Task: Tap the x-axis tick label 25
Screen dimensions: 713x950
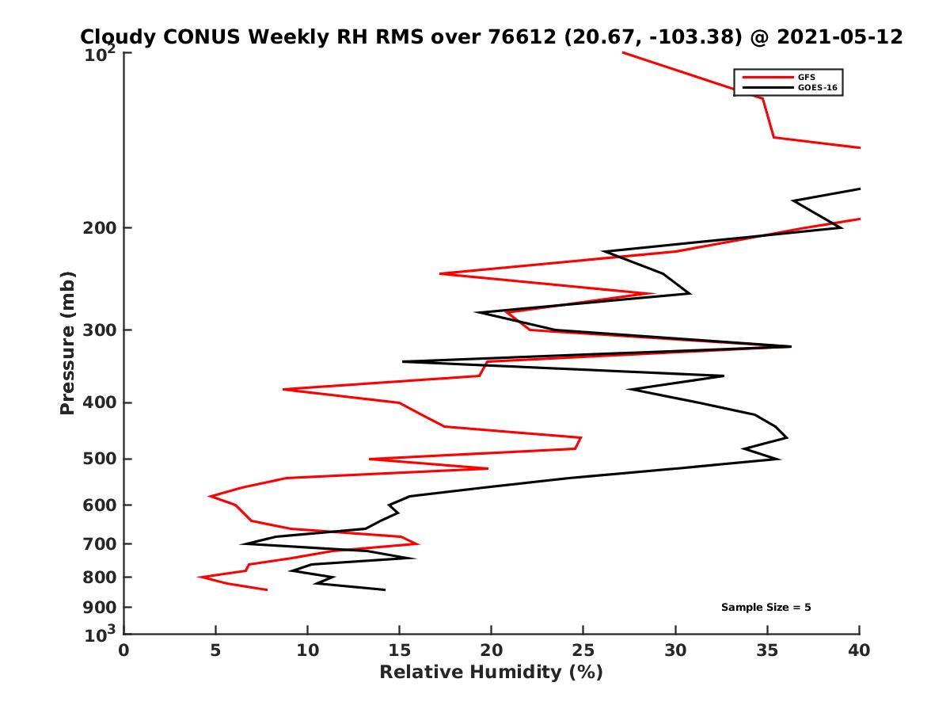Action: [583, 650]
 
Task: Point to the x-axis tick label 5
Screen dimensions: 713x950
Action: [215, 650]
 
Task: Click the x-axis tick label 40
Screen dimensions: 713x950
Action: [860, 650]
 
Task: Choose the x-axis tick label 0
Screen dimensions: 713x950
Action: [124, 650]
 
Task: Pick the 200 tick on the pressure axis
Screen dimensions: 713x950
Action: [99, 228]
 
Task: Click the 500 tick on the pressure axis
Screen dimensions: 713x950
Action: [99, 459]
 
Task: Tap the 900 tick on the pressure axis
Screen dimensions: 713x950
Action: [99, 608]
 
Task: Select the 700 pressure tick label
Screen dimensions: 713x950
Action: [99, 544]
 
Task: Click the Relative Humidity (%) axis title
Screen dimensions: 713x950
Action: [491, 673]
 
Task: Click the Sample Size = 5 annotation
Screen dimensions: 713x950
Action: [766, 608]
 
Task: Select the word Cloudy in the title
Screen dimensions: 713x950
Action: [117, 37]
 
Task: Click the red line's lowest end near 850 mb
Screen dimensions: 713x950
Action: [267, 589]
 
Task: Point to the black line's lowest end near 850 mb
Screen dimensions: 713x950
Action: [385, 589]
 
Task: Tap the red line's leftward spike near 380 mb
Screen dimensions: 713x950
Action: [283, 389]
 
